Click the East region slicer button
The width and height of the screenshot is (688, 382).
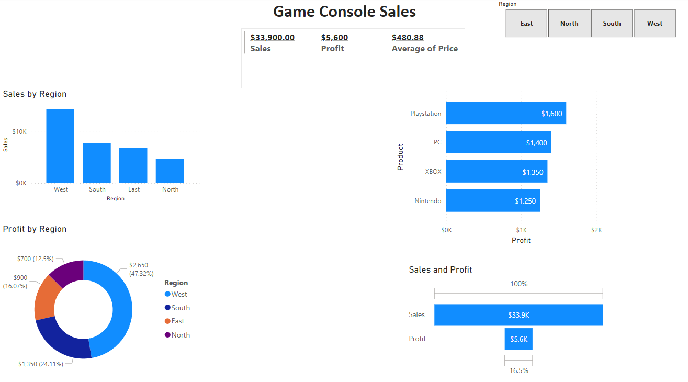(526, 24)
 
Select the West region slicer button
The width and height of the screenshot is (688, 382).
(655, 24)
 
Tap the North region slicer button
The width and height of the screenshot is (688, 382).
(569, 24)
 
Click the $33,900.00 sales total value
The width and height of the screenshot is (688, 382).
(272, 38)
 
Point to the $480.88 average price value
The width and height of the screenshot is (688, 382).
(408, 38)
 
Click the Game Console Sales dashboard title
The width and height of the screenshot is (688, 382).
(344, 12)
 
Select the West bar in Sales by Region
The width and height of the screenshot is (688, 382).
(60, 146)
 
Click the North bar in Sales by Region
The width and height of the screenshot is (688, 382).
(170, 171)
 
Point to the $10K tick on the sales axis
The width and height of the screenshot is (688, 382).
(20, 132)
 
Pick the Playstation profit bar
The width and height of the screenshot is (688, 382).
(505, 113)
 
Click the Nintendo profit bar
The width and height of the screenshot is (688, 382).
(492, 201)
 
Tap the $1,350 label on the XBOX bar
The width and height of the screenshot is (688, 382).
(533, 172)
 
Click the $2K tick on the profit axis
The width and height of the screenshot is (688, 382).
(596, 230)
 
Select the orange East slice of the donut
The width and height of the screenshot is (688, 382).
(44, 297)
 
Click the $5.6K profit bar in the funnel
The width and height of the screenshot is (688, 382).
(518, 339)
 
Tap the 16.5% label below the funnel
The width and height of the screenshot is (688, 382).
(518, 370)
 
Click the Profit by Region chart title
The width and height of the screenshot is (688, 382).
(35, 229)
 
